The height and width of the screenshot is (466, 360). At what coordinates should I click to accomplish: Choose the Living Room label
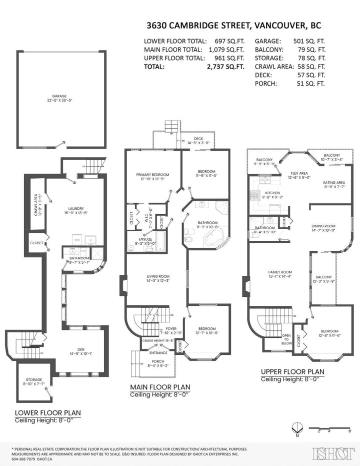click(x=158, y=278)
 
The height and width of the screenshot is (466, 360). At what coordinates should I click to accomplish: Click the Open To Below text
click(x=286, y=339)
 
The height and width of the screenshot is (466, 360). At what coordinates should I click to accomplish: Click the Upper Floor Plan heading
click(x=292, y=372)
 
